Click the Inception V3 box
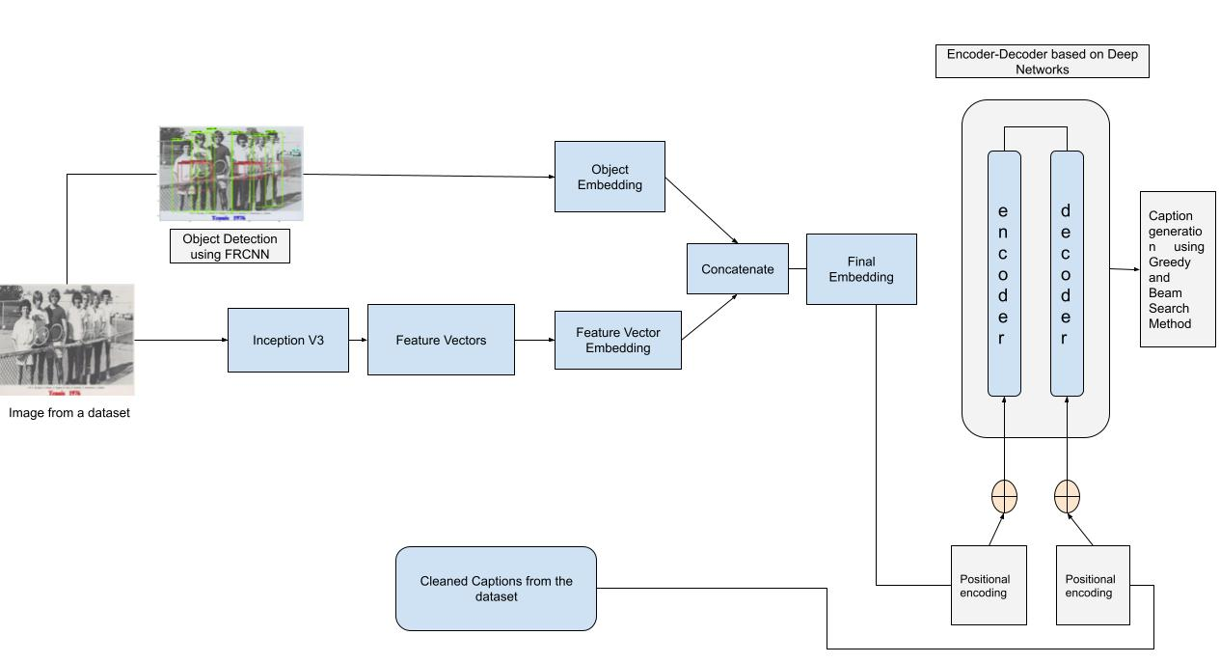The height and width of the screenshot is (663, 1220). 287,340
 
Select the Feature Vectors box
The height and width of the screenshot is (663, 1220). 441,340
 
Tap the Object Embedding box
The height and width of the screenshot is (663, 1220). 610,177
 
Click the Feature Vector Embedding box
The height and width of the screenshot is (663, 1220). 617,340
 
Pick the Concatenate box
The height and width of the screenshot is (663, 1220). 737,269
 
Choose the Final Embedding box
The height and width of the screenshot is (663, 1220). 861,269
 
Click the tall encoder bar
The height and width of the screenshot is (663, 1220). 1004,273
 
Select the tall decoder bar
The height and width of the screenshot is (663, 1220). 1066,273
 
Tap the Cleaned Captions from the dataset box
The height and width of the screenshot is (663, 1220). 496,589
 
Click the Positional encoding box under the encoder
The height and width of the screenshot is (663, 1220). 989,585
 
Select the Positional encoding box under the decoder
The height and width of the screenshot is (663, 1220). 1093,585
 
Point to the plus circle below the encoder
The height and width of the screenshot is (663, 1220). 1004,497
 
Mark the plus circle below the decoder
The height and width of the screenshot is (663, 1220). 1067,497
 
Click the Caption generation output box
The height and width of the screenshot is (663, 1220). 1177,269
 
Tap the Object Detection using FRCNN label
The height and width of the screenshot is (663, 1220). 230,246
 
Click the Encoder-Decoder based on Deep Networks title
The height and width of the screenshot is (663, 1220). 1042,62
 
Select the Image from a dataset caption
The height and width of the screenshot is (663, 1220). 69,412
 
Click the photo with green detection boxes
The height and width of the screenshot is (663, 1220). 230,174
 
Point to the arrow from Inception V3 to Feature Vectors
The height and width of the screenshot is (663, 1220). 358,340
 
